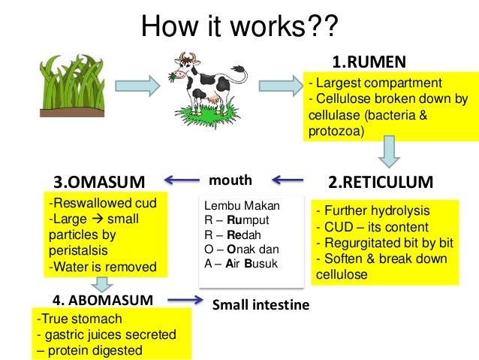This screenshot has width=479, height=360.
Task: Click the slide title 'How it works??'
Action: click(239, 29)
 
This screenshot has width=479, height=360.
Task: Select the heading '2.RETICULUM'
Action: click(381, 182)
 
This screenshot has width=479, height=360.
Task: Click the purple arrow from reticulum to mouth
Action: click(288, 180)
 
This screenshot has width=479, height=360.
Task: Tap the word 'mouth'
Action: click(230, 180)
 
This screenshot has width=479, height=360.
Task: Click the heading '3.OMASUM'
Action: click(98, 182)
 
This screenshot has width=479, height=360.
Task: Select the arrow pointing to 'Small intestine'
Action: click(185, 301)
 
